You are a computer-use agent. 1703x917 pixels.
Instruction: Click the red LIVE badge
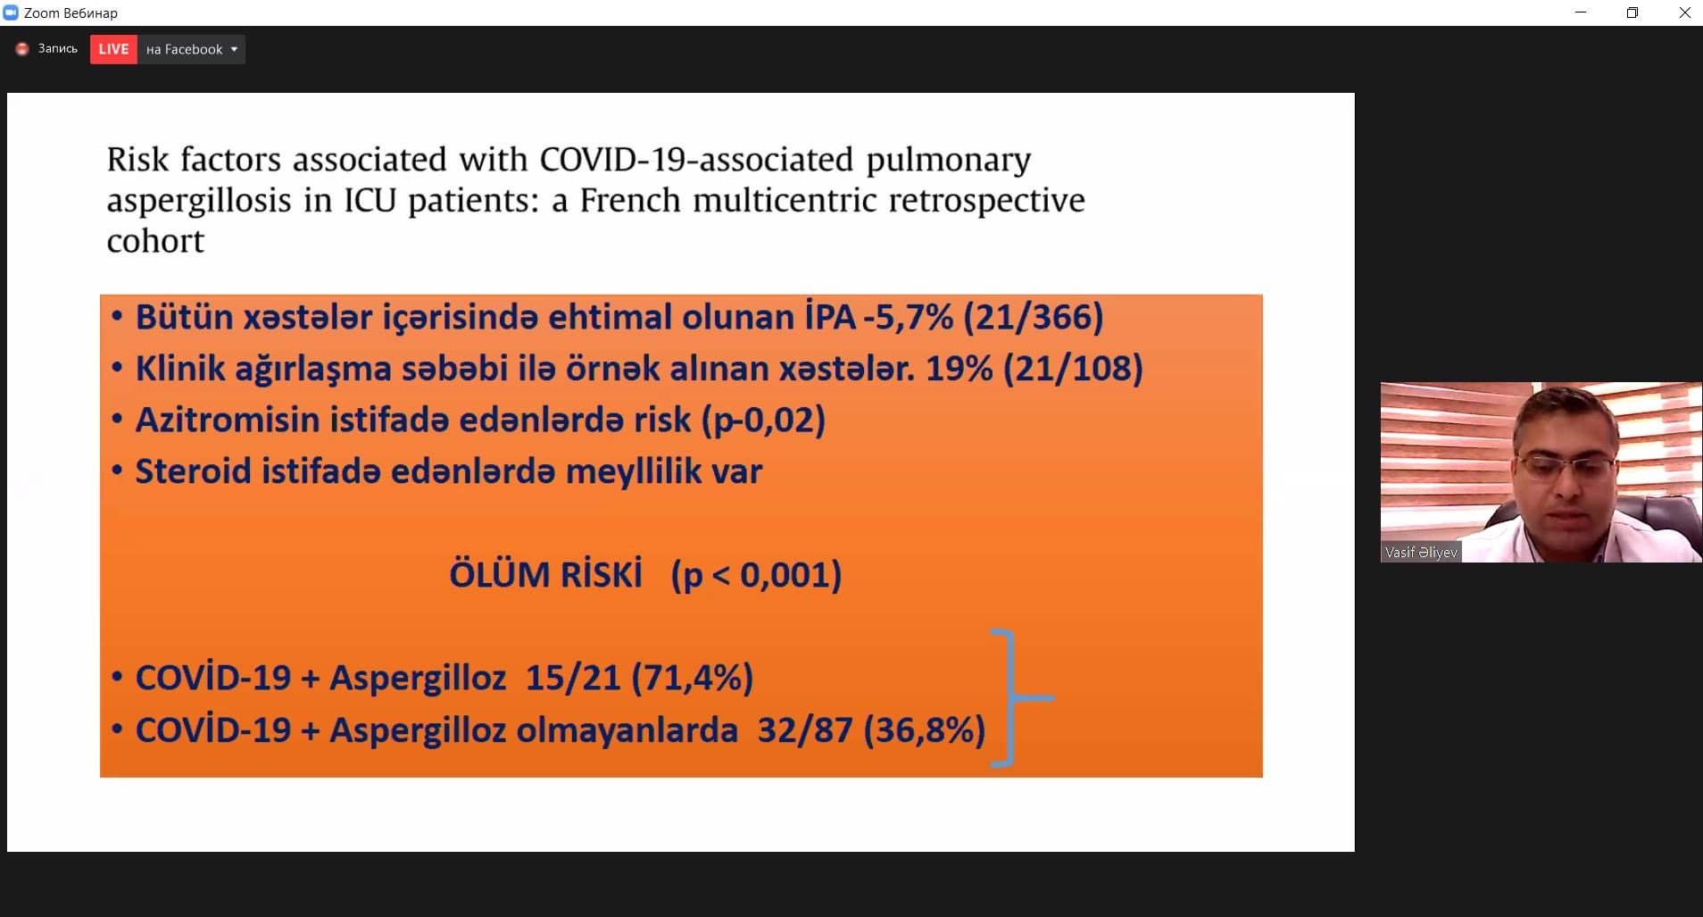pyautogui.click(x=113, y=49)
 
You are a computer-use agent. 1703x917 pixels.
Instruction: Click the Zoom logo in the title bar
pyautogui.click(x=11, y=13)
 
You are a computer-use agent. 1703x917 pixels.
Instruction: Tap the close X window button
pyautogui.click(x=1684, y=13)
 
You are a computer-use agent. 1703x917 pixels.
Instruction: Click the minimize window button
pyautogui.click(x=1581, y=13)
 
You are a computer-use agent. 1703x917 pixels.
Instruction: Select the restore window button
pyautogui.click(x=1632, y=13)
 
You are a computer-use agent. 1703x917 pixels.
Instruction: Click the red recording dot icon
pyautogui.click(x=22, y=49)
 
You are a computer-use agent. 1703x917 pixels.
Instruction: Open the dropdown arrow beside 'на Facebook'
pyautogui.click(x=234, y=49)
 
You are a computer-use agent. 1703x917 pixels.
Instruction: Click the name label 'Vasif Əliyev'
pyautogui.click(x=1421, y=553)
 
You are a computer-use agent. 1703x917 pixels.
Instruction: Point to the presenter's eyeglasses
pyautogui.click(x=1566, y=465)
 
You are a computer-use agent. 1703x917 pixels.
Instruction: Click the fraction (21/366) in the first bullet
pyautogui.click(x=1034, y=317)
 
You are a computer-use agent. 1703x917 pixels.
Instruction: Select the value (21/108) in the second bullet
pyautogui.click(x=1073, y=368)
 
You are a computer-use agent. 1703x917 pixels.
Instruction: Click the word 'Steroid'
pyautogui.click(x=194, y=471)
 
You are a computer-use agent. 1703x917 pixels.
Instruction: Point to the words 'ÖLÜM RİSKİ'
pyautogui.click(x=545, y=574)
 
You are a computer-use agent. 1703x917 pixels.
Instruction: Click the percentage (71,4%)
pyautogui.click(x=692, y=678)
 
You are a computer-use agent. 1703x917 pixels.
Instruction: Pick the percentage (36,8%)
pyautogui.click(x=924, y=730)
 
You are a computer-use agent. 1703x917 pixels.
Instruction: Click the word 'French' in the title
pyautogui.click(x=630, y=200)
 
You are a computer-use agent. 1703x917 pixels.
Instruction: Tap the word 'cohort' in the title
pyautogui.click(x=155, y=241)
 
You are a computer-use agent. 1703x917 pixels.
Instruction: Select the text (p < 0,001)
pyautogui.click(x=756, y=575)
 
